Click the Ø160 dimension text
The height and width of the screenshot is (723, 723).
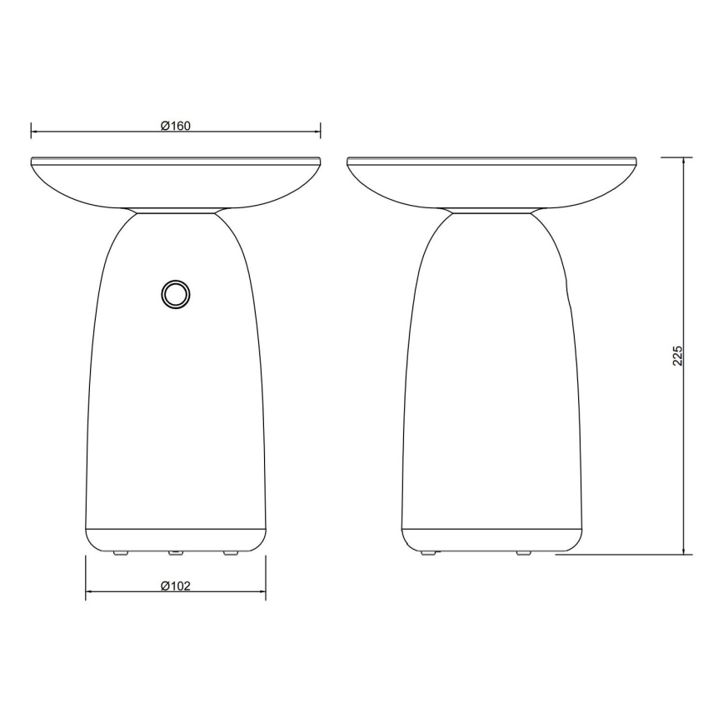click(x=176, y=127)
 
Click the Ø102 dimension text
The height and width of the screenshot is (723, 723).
click(x=176, y=586)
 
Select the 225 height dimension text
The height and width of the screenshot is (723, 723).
click(x=678, y=355)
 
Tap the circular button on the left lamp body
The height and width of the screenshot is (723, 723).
click(x=176, y=294)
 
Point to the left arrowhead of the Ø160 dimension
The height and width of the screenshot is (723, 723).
click(x=35, y=132)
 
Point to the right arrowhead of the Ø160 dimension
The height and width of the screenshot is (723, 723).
click(x=317, y=132)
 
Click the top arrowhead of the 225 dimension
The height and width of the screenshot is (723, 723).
click(x=685, y=162)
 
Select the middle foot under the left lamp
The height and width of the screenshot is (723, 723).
click(x=176, y=552)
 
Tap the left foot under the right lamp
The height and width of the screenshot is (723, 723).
click(x=427, y=552)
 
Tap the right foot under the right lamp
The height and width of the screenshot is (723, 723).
click(x=523, y=552)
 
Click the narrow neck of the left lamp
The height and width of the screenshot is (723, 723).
click(x=176, y=211)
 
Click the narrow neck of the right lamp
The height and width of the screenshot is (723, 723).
click(x=491, y=211)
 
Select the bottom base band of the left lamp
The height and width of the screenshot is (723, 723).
click(x=176, y=538)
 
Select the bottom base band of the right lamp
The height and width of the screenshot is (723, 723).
click(x=491, y=538)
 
